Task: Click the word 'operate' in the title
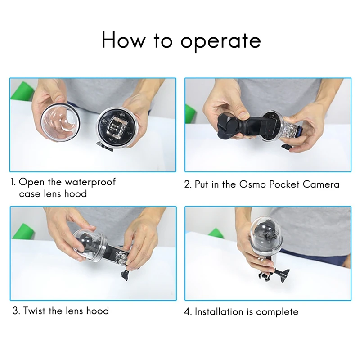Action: tap(220, 41)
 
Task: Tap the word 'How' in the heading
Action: tap(123, 40)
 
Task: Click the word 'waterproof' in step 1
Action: tap(90, 182)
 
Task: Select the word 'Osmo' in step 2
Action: tap(252, 184)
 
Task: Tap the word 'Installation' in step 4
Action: tap(219, 311)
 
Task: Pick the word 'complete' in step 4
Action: tap(277, 312)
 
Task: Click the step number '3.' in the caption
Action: tap(17, 310)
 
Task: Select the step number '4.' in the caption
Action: tap(188, 311)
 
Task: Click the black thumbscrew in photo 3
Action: tap(126, 274)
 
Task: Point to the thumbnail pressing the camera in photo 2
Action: tap(243, 114)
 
